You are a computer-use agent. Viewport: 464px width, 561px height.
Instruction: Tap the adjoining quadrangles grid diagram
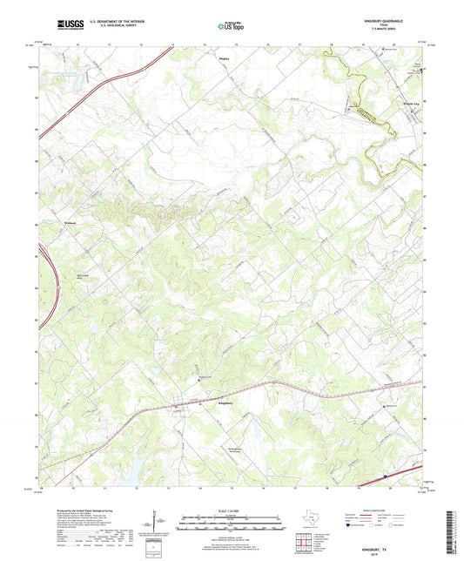click(304, 545)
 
